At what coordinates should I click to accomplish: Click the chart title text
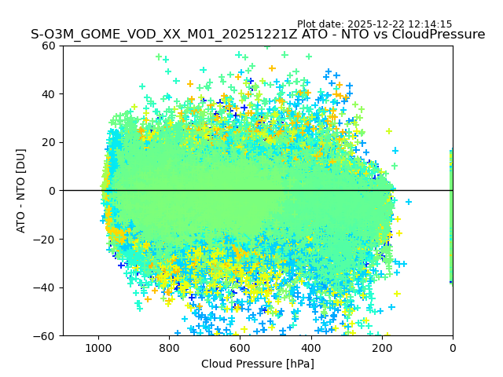[x=258, y=35]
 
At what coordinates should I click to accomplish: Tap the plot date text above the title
[x=374, y=24]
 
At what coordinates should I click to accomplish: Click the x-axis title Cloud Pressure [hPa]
[x=258, y=364]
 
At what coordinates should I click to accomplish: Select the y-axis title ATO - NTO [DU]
[x=21, y=191]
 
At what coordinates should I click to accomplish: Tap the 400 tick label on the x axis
[x=310, y=346]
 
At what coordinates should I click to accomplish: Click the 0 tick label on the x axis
[x=452, y=346]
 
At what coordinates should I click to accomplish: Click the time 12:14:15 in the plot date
[x=430, y=24]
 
